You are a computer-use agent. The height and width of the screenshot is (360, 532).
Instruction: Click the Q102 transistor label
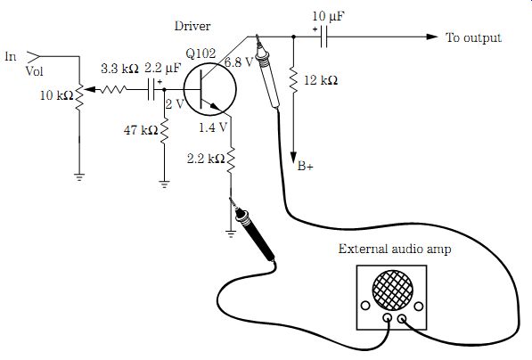(201, 53)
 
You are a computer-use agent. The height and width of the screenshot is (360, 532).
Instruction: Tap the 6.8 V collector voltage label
(239, 61)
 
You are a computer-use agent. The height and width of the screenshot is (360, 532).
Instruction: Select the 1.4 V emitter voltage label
(213, 127)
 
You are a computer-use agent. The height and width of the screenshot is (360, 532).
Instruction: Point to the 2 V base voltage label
(175, 104)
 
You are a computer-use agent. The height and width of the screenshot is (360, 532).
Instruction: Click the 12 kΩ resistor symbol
(293, 81)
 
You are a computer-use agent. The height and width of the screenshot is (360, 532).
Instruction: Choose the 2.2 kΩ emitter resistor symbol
(231, 160)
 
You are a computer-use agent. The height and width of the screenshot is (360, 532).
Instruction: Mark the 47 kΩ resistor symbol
(164, 131)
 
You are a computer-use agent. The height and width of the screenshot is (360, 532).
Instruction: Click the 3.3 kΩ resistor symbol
(113, 90)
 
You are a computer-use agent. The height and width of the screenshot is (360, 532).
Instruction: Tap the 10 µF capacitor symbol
(323, 37)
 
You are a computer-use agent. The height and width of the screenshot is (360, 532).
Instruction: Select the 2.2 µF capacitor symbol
(151, 90)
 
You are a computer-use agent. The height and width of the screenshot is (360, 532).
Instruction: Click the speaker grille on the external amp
(393, 290)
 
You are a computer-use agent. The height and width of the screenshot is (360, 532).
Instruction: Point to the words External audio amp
(395, 249)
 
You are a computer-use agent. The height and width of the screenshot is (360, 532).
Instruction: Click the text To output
(473, 37)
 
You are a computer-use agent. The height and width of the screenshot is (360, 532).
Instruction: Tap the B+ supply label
(306, 166)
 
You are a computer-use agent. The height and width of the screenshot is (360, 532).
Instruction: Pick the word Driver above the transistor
(192, 26)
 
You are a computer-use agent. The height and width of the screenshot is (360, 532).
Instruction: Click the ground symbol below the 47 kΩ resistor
(164, 184)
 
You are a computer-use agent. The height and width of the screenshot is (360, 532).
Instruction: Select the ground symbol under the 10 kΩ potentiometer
(79, 177)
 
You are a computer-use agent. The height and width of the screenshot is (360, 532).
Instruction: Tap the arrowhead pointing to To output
(432, 37)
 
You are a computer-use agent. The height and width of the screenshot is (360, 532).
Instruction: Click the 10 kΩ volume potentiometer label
(57, 95)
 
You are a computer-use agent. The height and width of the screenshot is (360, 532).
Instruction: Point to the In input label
(11, 57)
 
